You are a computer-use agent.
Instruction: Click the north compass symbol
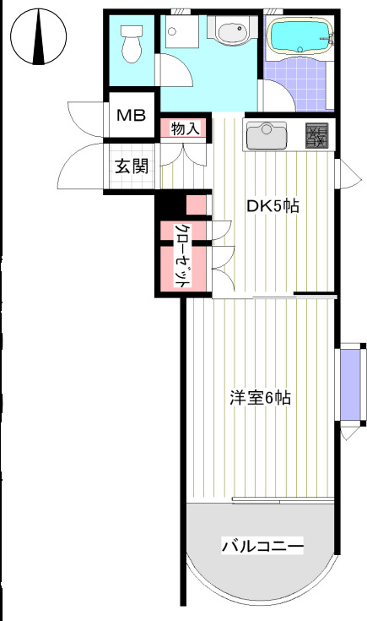[x=39, y=38]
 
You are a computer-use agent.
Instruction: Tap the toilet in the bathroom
[x=131, y=43]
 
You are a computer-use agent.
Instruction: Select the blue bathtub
[x=300, y=38]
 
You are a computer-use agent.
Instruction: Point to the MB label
[x=130, y=117]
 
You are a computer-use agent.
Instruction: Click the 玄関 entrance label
[x=132, y=166]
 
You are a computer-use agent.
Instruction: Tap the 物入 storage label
[x=184, y=129]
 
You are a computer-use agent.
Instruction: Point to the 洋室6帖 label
[x=260, y=398]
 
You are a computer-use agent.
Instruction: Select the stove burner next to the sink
[x=316, y=133]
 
